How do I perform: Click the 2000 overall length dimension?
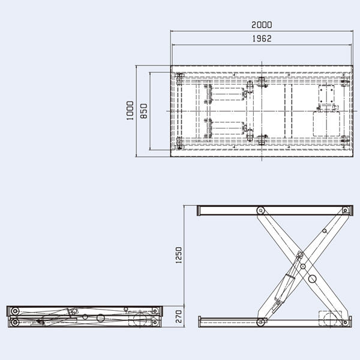coord(262,25)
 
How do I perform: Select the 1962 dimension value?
coord(262,38)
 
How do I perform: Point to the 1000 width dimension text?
coord(130,111)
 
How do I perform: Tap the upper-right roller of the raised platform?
coord(344,210)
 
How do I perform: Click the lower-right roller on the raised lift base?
coord(344,322)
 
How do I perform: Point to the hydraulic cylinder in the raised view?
coord(286,290)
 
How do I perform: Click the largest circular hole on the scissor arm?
coord(313,279)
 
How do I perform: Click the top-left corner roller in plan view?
coord(179,77)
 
